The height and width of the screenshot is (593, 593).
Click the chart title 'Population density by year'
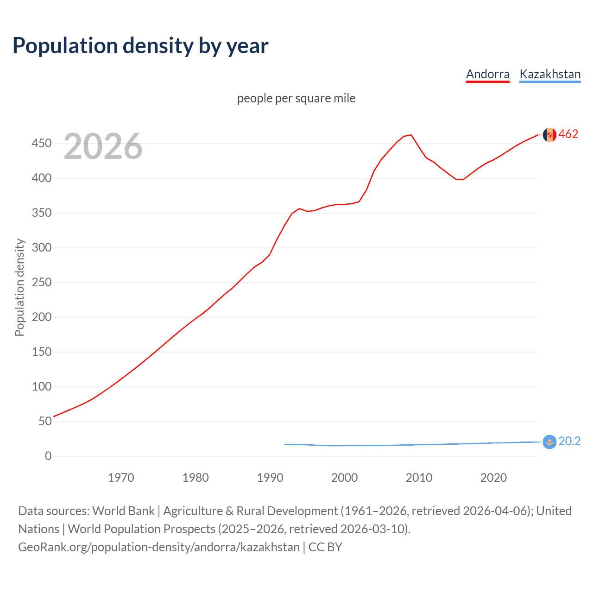[140, 46]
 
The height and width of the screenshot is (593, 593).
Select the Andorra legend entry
[487, 74]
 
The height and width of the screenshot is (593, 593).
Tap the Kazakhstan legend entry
[550, 74]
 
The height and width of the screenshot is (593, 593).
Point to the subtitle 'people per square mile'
[296, 98]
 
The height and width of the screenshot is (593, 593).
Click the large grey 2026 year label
[103, 146]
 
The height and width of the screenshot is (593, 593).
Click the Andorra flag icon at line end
[549, 135]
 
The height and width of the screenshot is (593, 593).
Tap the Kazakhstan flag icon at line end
[549, 442]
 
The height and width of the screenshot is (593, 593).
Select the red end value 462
[568, 134]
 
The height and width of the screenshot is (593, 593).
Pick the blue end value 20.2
[569, 442]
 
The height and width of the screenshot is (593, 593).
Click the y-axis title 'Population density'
[19, 287]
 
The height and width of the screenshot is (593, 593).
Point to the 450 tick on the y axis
[41, 144]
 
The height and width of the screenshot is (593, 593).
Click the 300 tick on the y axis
[41, 248]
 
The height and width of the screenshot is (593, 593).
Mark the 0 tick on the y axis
[48, 456]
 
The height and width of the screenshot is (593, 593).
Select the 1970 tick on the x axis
[121, 478]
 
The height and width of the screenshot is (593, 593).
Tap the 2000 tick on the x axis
[344, 478]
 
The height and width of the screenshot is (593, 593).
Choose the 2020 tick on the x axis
[493, 478]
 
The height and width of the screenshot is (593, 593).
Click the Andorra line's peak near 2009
[411, 135]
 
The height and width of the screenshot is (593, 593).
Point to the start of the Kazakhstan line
[285, 444]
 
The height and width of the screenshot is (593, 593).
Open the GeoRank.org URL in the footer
[159, 547]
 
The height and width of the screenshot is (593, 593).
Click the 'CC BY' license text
[325, 547]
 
